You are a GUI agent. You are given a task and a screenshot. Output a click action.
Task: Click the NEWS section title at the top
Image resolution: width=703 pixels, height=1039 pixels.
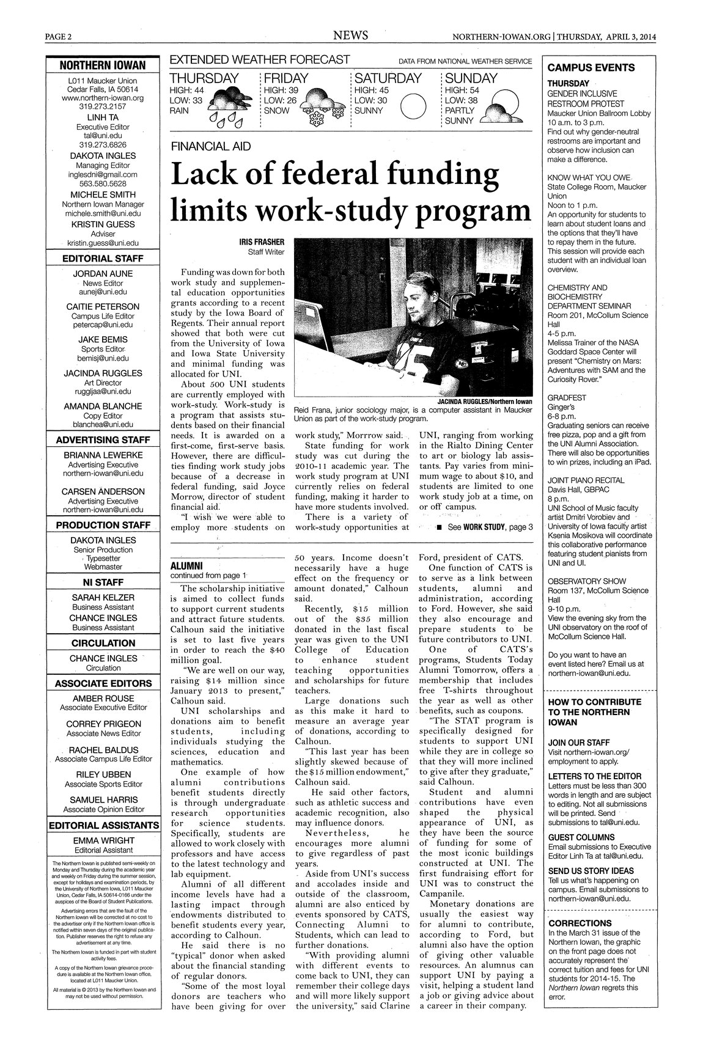[x=350, y=36]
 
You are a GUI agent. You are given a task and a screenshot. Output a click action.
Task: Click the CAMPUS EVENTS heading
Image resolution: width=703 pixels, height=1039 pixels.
[x=591, y=68]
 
